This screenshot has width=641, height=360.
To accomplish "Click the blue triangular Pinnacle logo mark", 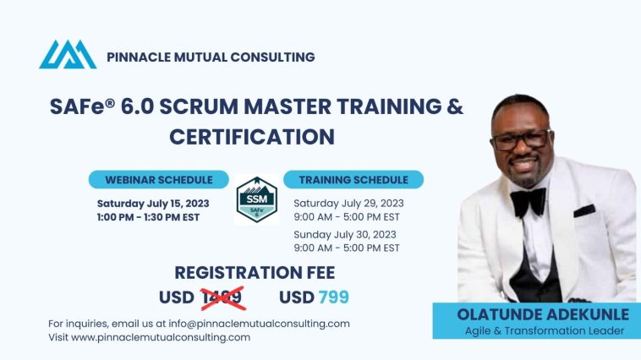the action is (x=68, y=54).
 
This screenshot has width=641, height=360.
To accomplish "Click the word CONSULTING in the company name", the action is (x=272, y=57).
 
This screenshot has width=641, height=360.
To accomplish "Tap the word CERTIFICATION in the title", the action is (x=252, y=137).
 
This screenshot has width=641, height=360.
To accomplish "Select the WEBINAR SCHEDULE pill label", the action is (x=159, y=180).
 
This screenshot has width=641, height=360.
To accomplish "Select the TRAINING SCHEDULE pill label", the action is (x=353, y=180).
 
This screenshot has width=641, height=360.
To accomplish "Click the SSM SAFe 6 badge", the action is (x=257, y=199).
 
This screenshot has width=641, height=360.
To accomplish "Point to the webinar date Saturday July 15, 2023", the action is (x=153, y=204).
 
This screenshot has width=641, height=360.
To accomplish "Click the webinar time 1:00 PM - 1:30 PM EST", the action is (x=148, y=217).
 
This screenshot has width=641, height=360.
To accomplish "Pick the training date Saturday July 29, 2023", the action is (x=348, y=204).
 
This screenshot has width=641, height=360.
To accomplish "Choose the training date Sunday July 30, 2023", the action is (x=345, y=235).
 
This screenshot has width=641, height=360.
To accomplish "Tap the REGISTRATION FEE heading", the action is (x=255, y=273).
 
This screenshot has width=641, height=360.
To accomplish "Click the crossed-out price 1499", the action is (x=223, y=297).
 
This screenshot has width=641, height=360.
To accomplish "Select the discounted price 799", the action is (x=333, y=297).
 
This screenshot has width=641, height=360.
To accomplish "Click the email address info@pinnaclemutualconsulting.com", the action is (x=259, y=324).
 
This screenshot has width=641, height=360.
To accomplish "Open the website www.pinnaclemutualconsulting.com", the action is (x=161, y=337).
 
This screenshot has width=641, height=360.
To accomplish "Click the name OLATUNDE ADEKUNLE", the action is (x=543, y=314).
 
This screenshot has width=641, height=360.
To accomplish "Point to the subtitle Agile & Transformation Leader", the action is (x=545, y=331).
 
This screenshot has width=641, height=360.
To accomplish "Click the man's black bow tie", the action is (x=529, y=201).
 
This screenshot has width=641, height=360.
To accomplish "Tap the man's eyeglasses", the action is (x=522, y=139).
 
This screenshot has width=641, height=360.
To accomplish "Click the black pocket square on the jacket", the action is (x=584, y=210).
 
